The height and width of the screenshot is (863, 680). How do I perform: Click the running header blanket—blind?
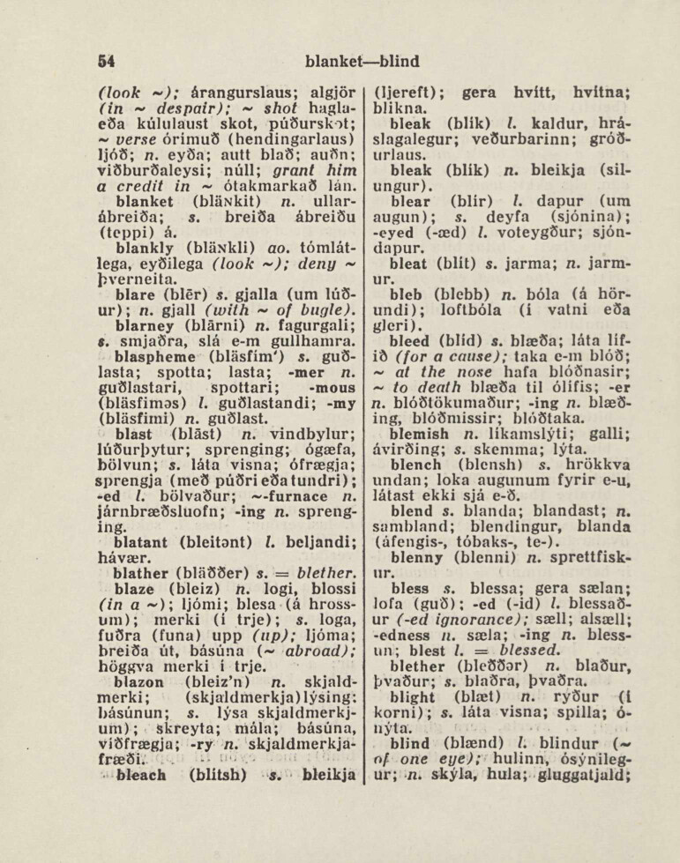coord(362,62)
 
